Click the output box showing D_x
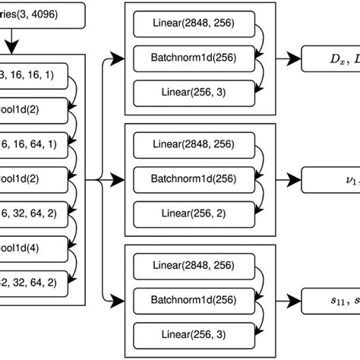pyautogui.click(x=331, y=57)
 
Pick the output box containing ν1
pyautogui.click(x=331, y=180)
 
